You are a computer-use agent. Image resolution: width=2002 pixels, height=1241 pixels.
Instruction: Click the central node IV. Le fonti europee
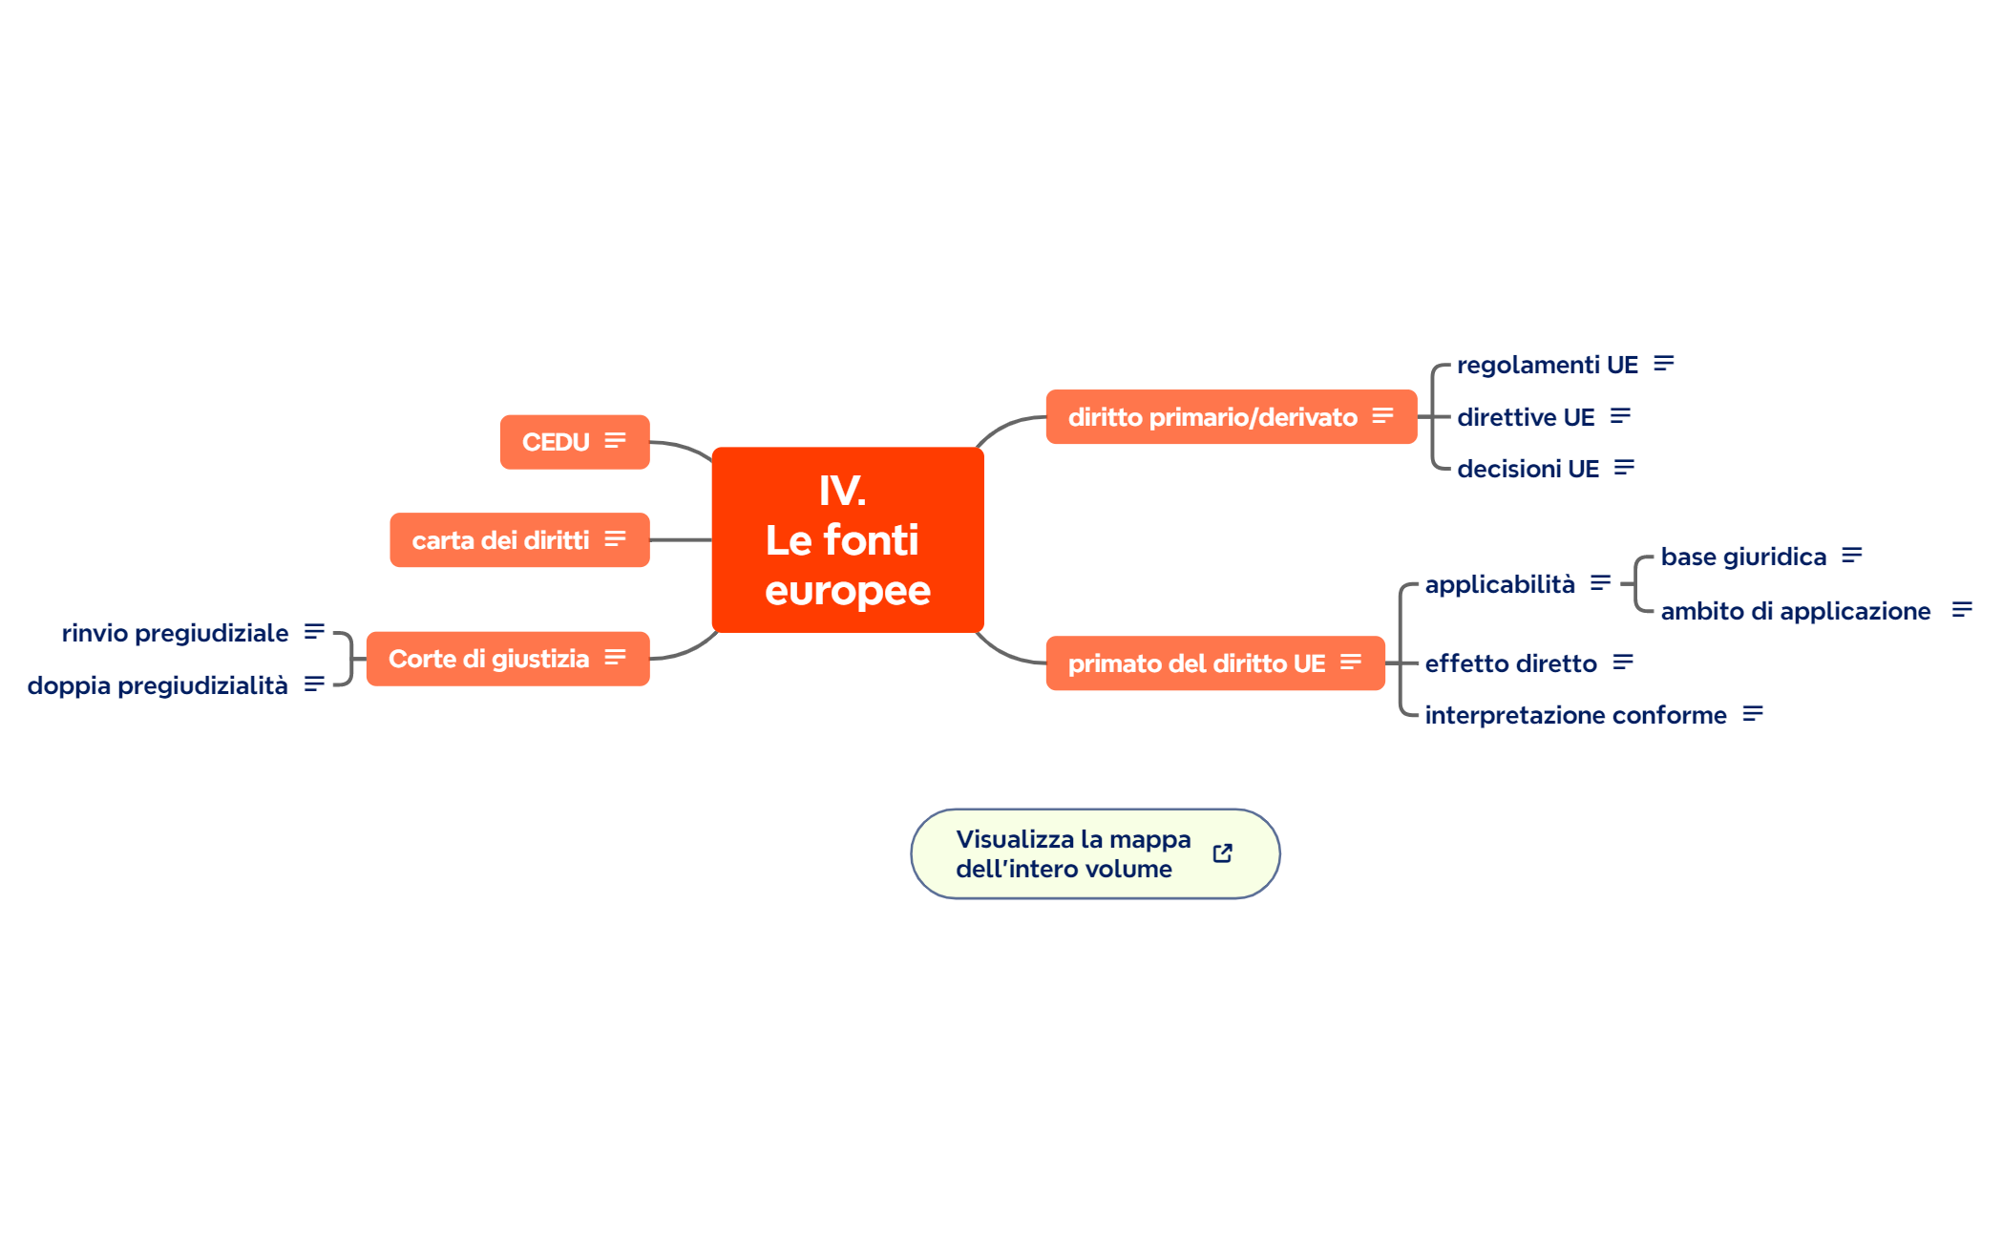pos(847,540)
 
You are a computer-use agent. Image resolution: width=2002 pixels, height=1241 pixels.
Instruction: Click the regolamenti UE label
pos(1547,365)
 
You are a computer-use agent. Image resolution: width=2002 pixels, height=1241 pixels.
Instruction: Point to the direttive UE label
pos(1525,417)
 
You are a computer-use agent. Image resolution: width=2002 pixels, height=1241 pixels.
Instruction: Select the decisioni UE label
pos(1528,469)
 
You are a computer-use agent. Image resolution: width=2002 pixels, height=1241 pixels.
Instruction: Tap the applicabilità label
pos(1499,584)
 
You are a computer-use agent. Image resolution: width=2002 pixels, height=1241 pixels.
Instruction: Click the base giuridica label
pos(1742,557)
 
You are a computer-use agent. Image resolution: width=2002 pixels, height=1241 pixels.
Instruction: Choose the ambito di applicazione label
pos(1795,611)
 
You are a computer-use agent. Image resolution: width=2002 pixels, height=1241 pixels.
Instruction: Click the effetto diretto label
pos(1510,663)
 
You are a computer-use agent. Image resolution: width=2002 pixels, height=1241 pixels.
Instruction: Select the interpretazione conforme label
pos(1575,715)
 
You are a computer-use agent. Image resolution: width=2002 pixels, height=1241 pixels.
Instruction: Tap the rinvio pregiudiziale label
pos(175,633)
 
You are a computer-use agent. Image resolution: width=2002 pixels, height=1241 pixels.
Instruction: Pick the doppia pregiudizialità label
pos(158,685)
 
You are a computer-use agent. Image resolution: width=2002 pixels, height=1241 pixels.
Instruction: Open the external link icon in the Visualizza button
pos(1222,853)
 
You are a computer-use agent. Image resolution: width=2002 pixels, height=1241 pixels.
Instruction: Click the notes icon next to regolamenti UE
pos(1663,364)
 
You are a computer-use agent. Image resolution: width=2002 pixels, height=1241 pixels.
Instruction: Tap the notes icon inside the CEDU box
pos(615,441)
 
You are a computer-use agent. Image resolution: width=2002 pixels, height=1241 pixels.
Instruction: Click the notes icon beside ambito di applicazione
pos(1961,609)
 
